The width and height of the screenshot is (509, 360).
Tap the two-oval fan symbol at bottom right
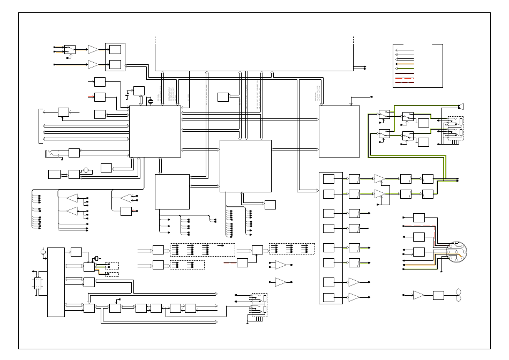(458, 295)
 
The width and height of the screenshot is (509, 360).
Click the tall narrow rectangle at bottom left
(56, 282)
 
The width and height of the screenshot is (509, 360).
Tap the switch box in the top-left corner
(70, 49)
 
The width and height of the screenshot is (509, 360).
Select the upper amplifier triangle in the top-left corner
(94, 49)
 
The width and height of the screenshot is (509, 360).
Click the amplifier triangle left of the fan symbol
(418, 295)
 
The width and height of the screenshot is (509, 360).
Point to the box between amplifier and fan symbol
(439, 295)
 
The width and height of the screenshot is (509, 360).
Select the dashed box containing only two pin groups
(187, 265)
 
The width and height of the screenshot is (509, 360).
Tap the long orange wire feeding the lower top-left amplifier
(70, 64)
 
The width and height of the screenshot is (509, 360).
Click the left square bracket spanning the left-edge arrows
(40, 126)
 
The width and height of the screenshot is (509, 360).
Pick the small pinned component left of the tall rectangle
(38, 283)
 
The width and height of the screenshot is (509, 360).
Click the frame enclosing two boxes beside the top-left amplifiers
(115, 57)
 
